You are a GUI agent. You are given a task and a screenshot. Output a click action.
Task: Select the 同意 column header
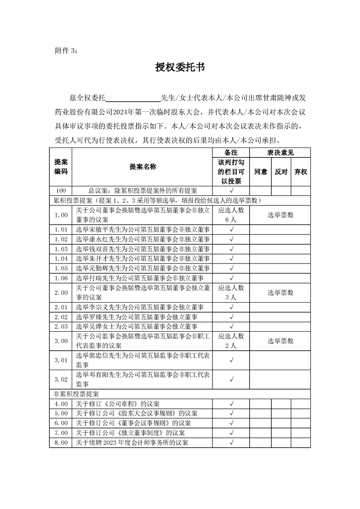(x=261, y=172)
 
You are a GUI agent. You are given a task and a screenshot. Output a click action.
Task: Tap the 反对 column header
(x=281, y=172)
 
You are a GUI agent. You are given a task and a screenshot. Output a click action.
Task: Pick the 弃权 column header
(x=301, y=172)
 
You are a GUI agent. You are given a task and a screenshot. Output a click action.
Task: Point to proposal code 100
(x=61, y=191)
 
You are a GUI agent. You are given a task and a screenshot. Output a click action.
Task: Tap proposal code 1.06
(x=61, y=278)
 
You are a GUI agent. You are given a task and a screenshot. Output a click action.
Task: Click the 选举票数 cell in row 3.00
(x=280, y=341)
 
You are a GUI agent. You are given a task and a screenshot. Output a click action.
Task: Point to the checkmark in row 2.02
(x=232, y=317)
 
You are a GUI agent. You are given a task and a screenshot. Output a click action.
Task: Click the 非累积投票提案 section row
(x=180, y=394)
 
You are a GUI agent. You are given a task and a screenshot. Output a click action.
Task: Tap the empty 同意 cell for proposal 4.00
(x=261, y=403)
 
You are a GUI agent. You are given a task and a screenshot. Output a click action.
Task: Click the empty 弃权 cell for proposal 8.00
(x=301, y=442)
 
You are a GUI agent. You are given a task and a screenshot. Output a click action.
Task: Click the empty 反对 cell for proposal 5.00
(x=281, y=413)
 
